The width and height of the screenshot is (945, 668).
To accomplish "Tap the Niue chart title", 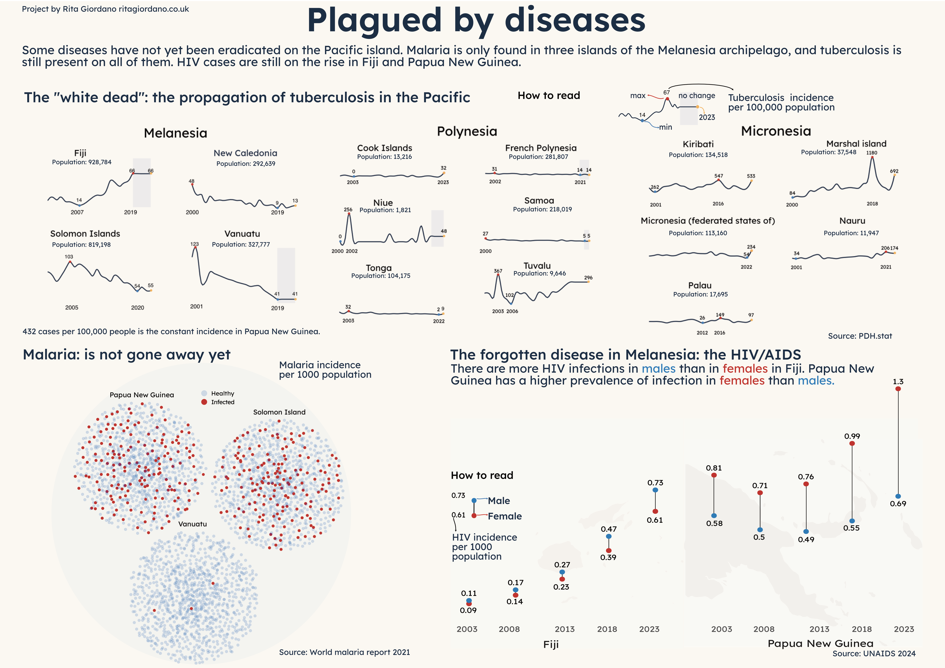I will tap(383, 203).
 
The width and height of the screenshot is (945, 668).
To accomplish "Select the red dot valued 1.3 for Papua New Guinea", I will tap(898, 389).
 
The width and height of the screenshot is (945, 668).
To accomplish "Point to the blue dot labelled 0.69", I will tap(898, 496).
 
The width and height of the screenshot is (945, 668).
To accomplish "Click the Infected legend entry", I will tap(222, 402).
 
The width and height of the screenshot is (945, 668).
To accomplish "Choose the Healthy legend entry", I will tap(222, 394).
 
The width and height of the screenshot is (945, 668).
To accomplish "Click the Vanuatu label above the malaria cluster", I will tap(192, 524).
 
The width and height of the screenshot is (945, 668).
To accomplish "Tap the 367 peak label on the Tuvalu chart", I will tap(498, 271).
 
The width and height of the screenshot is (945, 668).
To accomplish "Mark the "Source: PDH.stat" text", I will tap(860, 336).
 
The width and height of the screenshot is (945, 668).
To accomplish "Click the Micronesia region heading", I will tap(776, 131).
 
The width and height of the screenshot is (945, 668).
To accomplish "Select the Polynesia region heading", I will tap(467, 132).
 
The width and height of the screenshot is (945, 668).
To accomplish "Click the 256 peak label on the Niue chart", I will tap(348, 210).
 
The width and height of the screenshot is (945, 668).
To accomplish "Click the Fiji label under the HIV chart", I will tap(551, 645).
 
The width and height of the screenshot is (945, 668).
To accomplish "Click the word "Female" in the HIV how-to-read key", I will tap(505, 516).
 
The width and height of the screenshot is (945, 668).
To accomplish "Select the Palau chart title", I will tap(700, 286).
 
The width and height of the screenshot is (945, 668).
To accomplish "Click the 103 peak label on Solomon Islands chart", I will tap(69, 257).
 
